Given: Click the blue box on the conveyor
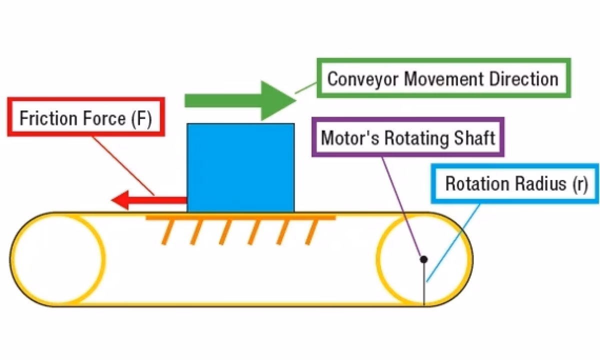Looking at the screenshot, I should pos(240,168).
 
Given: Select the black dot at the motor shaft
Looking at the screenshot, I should pos(423,259).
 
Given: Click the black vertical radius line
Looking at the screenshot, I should pos(424,285).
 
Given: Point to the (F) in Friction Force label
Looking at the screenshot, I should pos(141,119).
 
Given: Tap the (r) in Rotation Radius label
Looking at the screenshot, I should pos(580,184).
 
